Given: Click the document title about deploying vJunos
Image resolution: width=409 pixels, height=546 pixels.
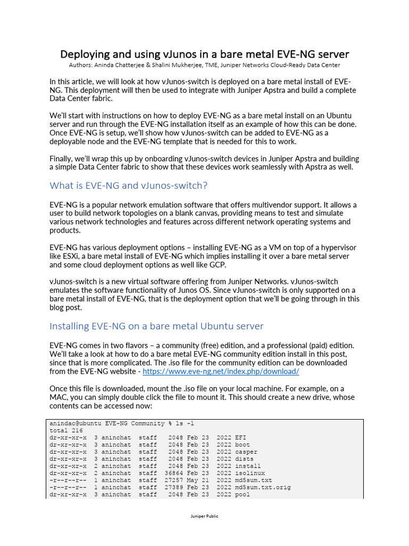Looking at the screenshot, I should pos(204,54).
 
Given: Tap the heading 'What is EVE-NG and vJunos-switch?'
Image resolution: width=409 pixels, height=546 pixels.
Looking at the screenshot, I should pos(128,186).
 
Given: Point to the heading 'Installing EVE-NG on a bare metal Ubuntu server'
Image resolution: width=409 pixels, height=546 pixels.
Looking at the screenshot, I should pos(157,326).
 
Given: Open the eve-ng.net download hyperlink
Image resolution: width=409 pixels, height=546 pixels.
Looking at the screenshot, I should pos(220,371).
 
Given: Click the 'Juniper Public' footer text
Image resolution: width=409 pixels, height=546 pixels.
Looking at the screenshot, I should pos(204,516).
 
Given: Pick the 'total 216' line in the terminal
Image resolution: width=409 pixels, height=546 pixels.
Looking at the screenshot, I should pos(66,430).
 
